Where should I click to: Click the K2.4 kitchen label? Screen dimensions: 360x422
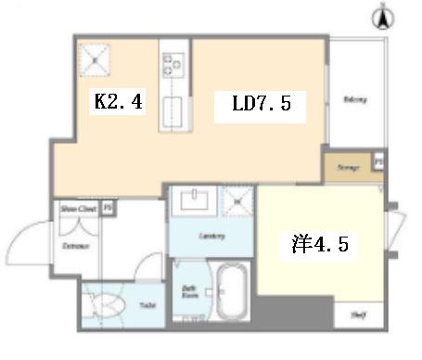tap(118, 102)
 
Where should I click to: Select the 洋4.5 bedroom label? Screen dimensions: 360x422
tap(319, 245)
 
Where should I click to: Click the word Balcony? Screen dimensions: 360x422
tap(353, 99)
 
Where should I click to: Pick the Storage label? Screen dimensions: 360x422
tap(347, 168)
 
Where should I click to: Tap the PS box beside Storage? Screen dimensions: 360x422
tap(378, 161)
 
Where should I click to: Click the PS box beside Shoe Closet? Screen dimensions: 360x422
tap(109, 209)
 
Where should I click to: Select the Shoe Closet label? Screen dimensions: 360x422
tap(78, 209)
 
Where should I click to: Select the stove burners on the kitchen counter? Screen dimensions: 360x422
tap(173, 64)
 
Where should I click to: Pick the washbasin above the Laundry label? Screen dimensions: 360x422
tap(198, 200)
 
